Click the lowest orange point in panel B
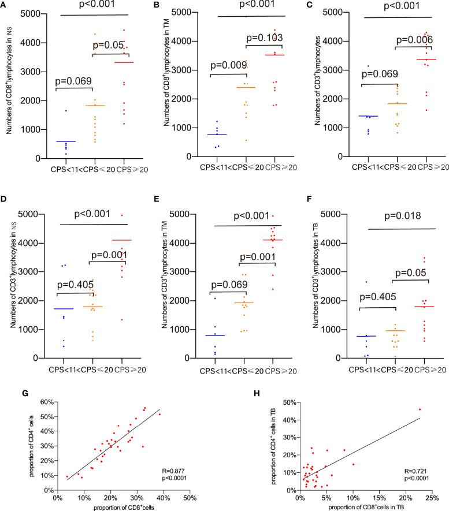[x=246, y=140]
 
